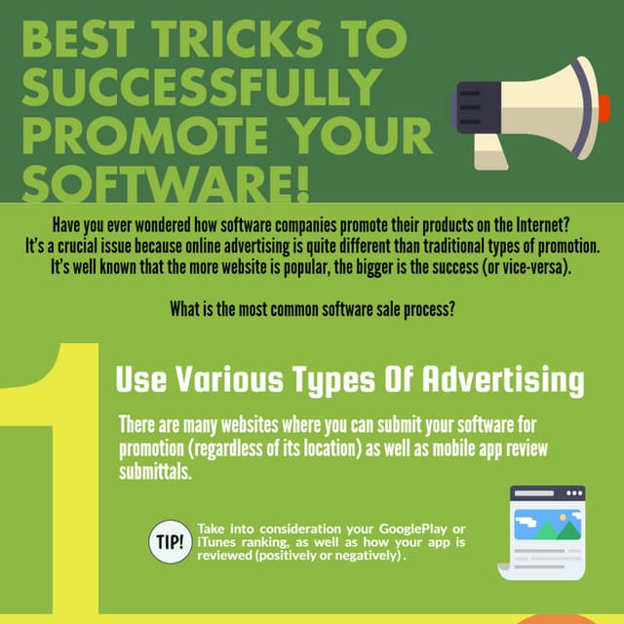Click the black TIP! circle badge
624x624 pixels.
click(168, 542)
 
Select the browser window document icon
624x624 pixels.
click(546, 532)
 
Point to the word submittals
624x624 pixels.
click(156, 473)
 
